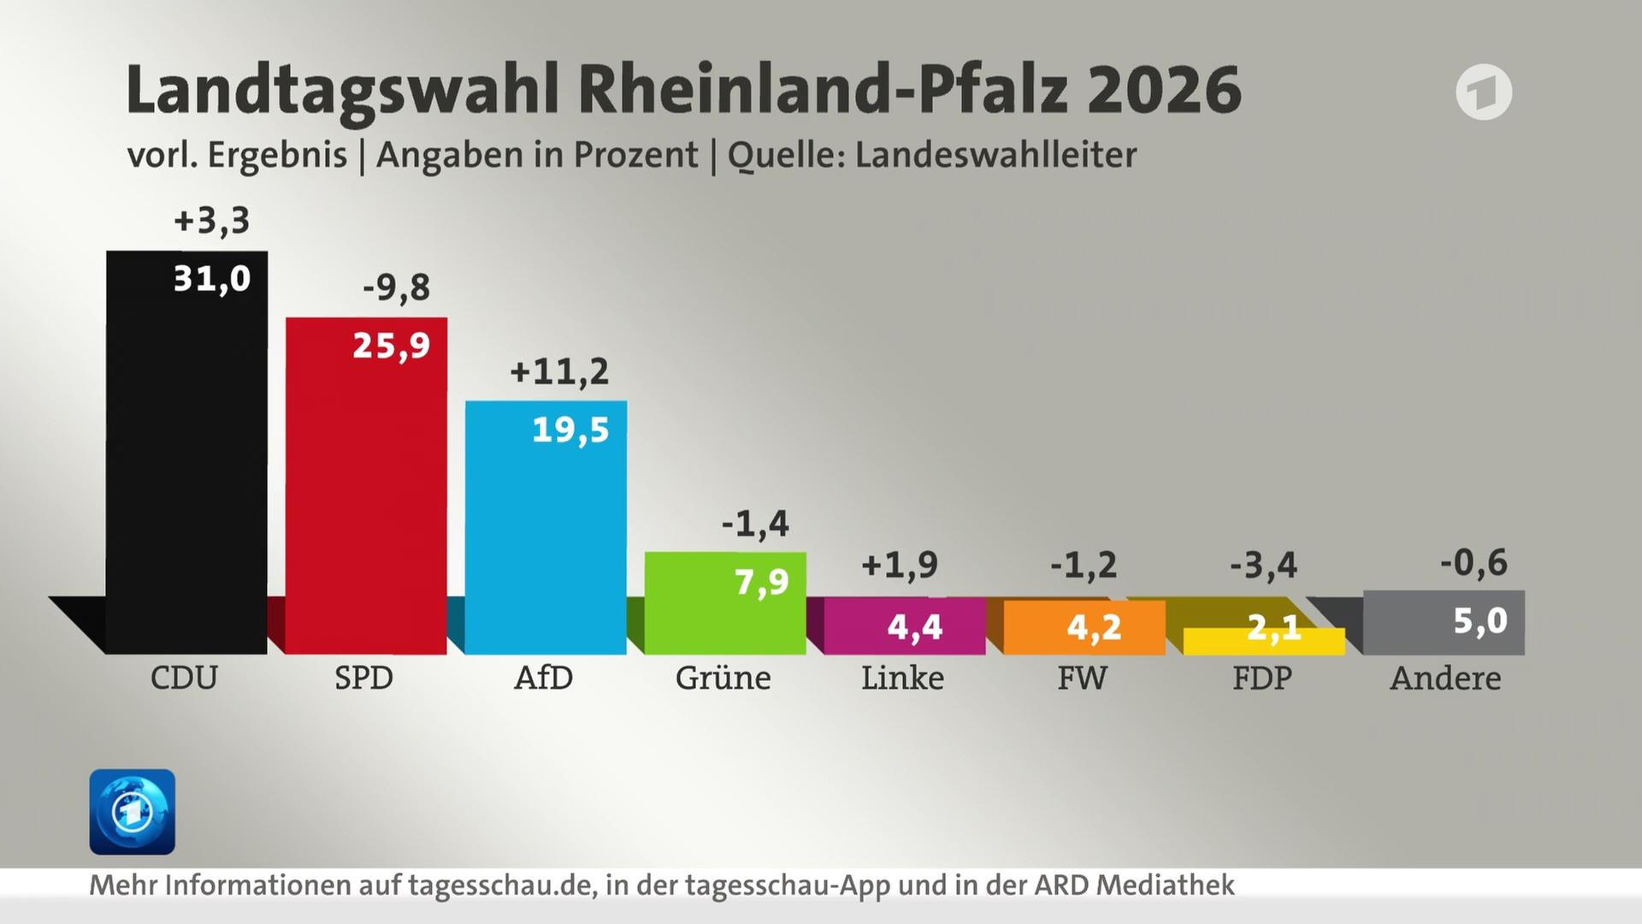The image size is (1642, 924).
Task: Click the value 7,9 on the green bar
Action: point(761,583)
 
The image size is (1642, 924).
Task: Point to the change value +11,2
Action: point(559,371)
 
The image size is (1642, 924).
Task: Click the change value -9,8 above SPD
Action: point(396,287)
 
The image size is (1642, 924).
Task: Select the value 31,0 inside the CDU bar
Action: point(211,279)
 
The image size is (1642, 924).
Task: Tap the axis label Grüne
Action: point(723,678)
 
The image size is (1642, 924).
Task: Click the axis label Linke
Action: point(902,678)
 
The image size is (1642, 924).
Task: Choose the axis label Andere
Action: point(1445,678)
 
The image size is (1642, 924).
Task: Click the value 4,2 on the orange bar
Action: point(1094,627)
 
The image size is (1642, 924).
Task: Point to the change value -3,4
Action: point(1263,565)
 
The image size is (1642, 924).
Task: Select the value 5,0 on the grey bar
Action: point(1480,620)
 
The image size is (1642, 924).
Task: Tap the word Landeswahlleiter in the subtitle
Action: point(995,155)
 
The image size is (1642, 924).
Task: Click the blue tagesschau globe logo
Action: point(133,811)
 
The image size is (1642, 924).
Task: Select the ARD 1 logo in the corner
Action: point(1484,92)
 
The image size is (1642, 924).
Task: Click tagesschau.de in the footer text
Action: point(501,885)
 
